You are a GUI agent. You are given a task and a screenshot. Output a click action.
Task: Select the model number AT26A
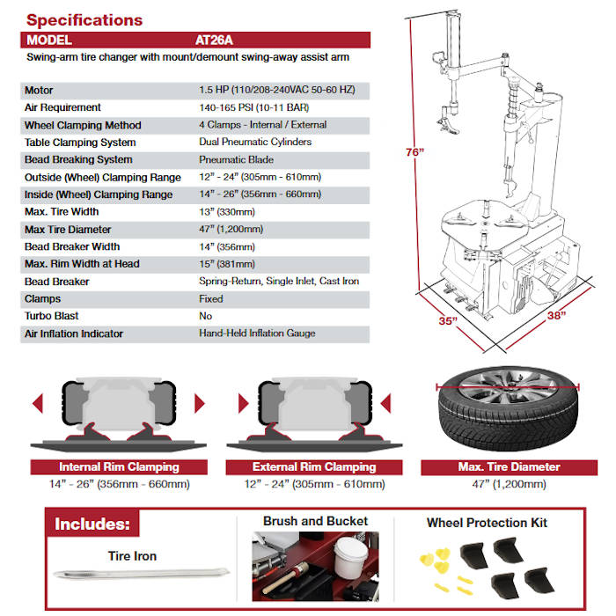click(215, 40)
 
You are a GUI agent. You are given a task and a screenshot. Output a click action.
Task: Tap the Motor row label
click(40, 91)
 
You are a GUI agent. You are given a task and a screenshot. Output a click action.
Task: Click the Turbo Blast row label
click(52, 316)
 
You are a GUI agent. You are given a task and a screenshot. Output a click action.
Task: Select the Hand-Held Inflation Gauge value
click(257, 334)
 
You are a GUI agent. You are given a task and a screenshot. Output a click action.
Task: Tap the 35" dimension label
click(447, 321)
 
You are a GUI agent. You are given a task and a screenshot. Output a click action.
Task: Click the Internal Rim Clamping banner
click(119, 467)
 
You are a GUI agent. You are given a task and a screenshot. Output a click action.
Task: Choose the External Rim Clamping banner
click(314, 467)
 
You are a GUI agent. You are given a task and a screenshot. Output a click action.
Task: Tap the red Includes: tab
click(92, 525)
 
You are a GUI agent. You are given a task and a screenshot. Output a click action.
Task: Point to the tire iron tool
click(132, 576)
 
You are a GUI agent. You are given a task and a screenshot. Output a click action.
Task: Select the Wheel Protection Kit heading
click(487, 523)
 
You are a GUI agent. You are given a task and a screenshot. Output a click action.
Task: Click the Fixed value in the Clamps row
click(211, 298)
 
